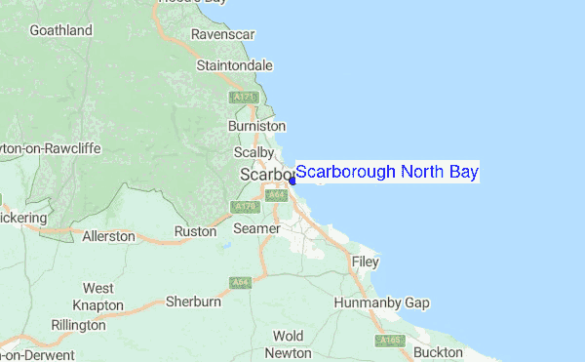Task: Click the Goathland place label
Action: pos(60,30)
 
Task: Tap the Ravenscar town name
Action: pos(222,34)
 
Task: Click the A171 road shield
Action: pos(242,98)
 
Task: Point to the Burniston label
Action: pos(255,126)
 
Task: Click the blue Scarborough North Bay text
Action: pos(387,173)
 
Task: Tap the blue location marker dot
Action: pos(292,180)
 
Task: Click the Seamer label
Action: pos(254,228)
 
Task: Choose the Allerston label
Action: pos(107,236)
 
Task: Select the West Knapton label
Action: pos(97,297)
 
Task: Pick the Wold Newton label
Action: pos(288,344)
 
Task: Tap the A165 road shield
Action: pos(389,341)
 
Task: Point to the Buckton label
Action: pos(438,351)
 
